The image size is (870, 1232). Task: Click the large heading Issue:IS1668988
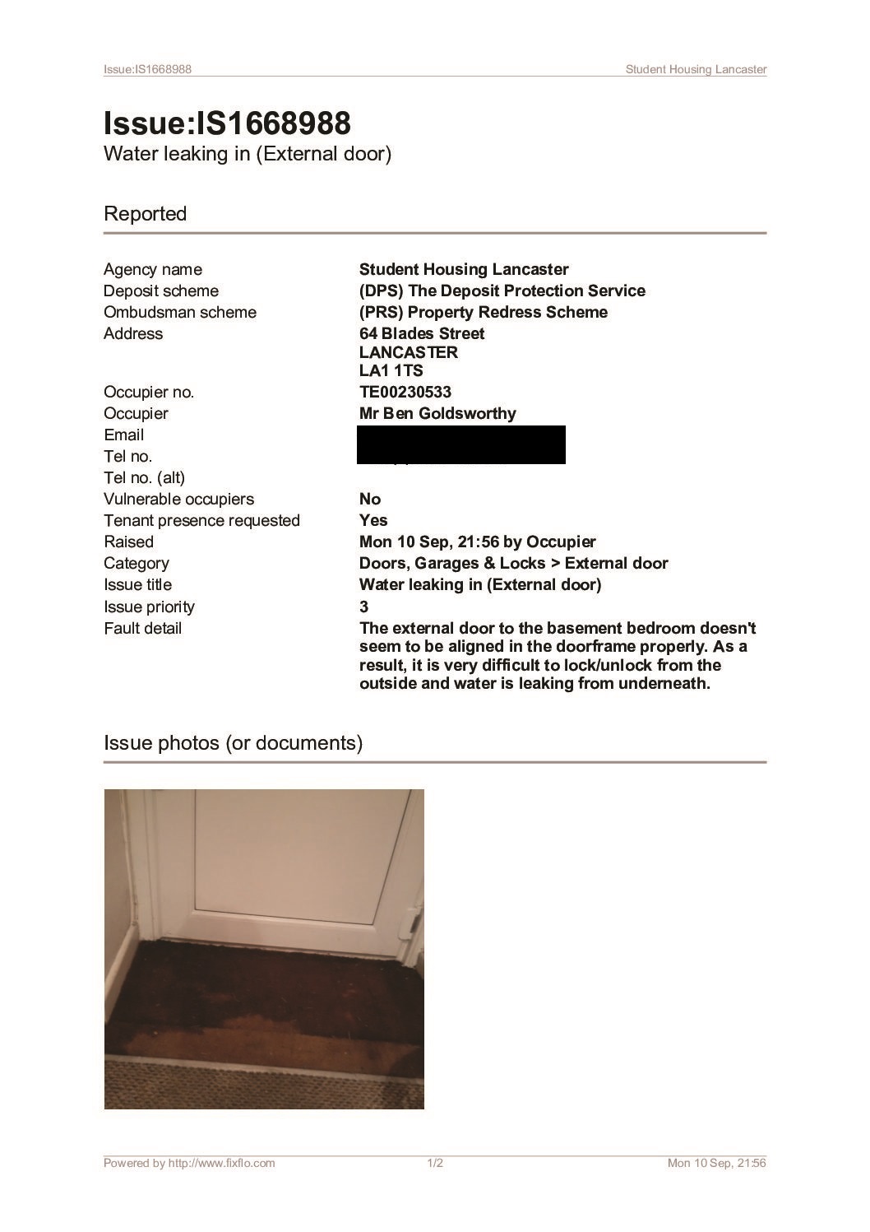pos(227,123)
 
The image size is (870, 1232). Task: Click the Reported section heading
pos(146,214)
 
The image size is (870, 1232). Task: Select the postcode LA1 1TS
pos(391,370)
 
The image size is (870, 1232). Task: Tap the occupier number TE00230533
pos(405,392)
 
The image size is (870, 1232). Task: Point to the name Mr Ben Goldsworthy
pos(437,413)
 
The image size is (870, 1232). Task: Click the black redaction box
pos(461,444)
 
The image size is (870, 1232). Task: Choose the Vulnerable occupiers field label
pos(178,499)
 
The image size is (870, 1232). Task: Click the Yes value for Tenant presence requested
pos(373,520)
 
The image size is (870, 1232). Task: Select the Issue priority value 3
pos(364,607)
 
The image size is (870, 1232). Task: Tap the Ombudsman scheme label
pos(179,312)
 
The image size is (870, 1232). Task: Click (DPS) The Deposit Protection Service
pos(502,291)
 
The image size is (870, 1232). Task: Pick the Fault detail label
pos(142,628)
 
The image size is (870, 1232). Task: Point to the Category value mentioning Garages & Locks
pos(513,563)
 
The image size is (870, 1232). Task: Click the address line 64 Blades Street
pos(422,333)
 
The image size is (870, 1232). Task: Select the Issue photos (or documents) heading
pos(233,743)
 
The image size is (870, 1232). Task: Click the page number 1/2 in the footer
pos(435,1163)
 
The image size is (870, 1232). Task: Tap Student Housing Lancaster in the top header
pos(696,69)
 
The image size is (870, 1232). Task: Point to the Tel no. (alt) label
pos(144,477)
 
